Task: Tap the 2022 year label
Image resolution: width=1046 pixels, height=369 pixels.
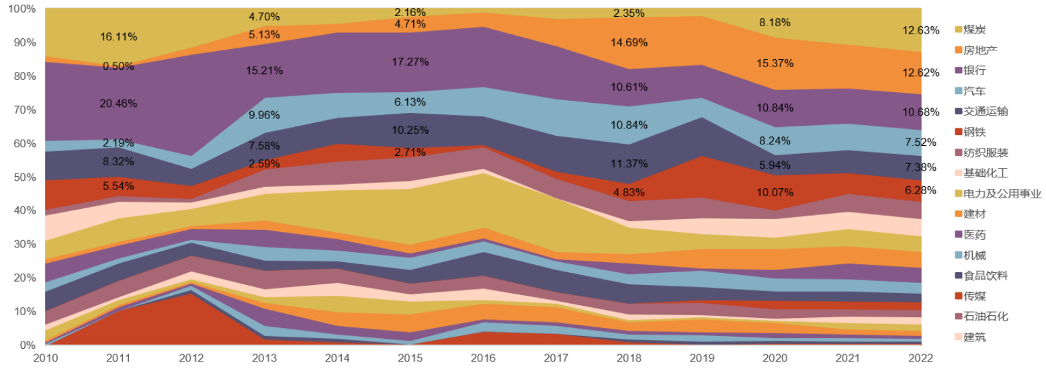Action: [x=920, y=359]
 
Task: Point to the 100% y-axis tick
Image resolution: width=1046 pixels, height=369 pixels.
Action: [x=22, y=9]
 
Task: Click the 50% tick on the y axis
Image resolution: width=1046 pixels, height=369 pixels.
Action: [x=25, y=177]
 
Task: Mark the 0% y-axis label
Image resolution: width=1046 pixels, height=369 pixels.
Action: [x=28, y=345]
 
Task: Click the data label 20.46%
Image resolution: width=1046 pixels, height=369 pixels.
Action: [x=119, y=104]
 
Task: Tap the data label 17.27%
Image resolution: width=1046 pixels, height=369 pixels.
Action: [x=410, y=62]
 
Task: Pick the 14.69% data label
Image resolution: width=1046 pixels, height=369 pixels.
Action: [x=629, y=42]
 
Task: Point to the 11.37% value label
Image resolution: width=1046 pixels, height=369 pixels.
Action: [x=629, y=163]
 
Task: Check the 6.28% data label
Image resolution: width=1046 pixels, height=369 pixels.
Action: [x=920, y=191]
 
